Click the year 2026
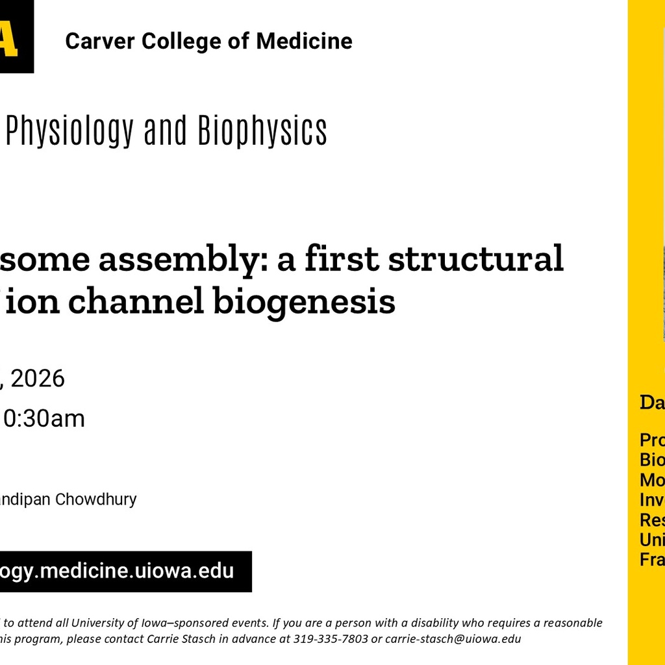pyautogui.click(x=38, y=378)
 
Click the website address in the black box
pyautogui.click(x=117, y=571)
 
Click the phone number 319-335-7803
pyautogui.click(x=330, y=638)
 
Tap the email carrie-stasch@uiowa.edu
pyautogui.click(x=453, y=638)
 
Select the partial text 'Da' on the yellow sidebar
pyautogui.click(x=652, y=402)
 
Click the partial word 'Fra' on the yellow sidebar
pyautogui.click(x=652, y=560)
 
